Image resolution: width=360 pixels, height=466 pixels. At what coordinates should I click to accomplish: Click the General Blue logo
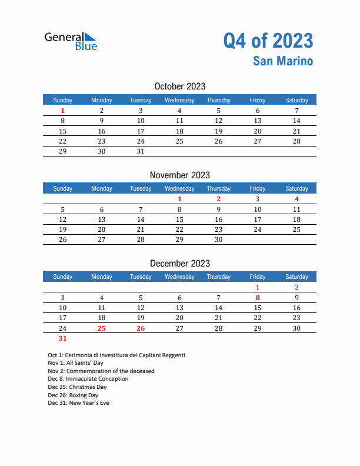point(71,41)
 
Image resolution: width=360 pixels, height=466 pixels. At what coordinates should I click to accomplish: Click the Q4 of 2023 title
point(268,41)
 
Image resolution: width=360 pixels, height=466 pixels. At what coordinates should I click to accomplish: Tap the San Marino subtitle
point(283,61)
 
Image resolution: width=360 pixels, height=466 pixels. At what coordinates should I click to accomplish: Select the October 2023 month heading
point(179,86)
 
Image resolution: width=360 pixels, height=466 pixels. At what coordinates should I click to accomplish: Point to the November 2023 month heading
point(179,175)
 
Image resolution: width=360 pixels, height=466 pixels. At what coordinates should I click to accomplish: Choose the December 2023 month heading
point(179,263)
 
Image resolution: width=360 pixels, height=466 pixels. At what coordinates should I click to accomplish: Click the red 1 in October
point(63,111)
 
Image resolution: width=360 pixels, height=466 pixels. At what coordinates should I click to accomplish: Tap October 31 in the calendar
point(141,151)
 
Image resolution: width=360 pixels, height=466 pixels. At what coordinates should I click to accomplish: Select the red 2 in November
point(219,199)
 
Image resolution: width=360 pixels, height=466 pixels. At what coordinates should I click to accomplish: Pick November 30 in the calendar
point(219,239)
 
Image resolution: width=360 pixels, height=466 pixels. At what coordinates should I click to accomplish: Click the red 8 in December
point(258,298)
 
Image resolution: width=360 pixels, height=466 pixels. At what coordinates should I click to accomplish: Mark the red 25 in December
point(102,328)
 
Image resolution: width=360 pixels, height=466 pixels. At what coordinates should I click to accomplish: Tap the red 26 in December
point(141,328)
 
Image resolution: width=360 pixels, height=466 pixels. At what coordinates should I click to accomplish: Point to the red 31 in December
point(63,338)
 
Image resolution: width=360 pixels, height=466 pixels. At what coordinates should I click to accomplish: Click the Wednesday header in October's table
point(179,100)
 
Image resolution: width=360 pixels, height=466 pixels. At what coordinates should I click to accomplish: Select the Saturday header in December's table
point(296,277)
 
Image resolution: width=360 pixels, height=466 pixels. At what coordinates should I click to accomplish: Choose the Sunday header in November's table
point(63,188)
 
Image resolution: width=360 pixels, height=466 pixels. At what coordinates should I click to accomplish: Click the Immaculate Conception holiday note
point(88,379)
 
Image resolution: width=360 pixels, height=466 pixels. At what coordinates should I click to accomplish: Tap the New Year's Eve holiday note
point(78,403)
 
